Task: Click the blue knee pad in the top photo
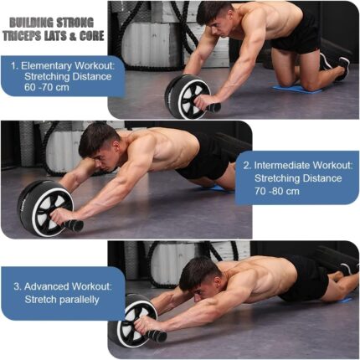point(297,88)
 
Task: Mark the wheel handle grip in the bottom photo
point(156,335)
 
